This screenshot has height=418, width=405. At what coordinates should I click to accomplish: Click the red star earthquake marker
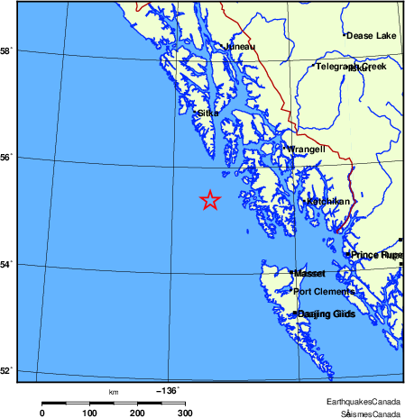click(209, 200)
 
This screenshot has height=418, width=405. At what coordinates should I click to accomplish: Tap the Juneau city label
click(240, 46)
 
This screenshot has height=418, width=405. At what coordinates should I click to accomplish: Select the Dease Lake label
click(372, 36)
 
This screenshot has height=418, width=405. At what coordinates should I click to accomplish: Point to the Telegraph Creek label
click(350, 67)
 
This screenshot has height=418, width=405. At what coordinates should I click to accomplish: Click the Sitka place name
click(207, 114)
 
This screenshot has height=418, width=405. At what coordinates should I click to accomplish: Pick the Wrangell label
click(306, 150)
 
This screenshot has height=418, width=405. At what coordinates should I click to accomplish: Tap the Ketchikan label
click(328, 202)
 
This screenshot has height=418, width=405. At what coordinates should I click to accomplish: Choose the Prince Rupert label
click(376, 255)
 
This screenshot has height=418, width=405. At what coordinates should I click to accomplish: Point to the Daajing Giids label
click(327, 313)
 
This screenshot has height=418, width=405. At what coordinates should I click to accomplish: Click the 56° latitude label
click(6, 158)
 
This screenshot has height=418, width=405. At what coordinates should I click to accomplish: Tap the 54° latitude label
click(6, 264)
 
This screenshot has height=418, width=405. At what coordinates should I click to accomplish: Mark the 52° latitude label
click(6, 370)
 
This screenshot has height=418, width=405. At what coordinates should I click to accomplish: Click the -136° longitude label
click(168, 391)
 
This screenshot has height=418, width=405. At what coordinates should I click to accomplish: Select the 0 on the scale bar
click(41, 413)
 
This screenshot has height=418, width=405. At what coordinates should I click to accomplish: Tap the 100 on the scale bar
click(89, 413)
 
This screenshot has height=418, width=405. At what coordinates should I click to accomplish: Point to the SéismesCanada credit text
click(371, 413)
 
